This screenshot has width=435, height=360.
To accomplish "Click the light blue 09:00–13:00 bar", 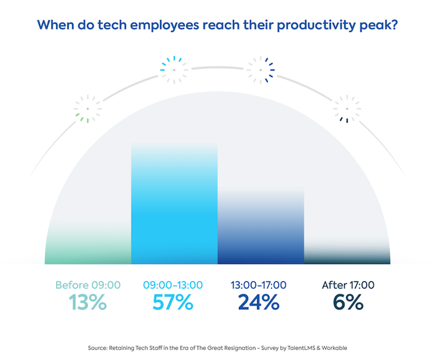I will pyautogui.click(x=174, y=207).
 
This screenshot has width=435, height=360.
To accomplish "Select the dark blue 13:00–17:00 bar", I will pyautogui.click(x=261, y=230).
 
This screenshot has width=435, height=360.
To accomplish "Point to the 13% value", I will pyautogui.click(x=88, y=302).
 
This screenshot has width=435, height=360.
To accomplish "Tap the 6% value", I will pyautogui.click(x=348, y=302).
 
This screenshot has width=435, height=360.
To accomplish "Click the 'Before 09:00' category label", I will pyautogui.click(x=88, y=285).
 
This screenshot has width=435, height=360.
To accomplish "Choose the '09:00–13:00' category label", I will pyautogui.click(x=174, y=285).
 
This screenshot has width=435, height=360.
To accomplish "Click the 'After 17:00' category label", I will pyautogui.click(x=348, y=285).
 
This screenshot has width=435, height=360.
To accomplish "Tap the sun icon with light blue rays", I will pyautogui.click(x=174, y=67).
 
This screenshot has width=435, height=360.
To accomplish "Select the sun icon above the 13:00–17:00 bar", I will pyautogui.click(x=260, y=67).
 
